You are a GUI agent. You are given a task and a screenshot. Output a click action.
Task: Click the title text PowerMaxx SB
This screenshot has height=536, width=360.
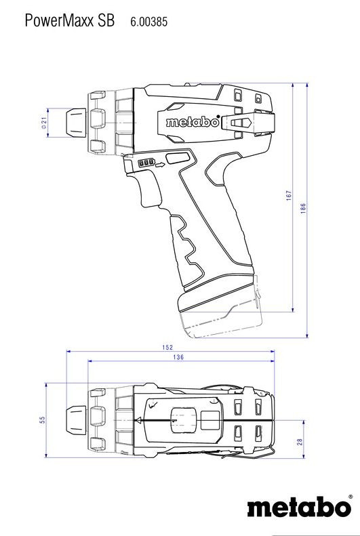tap(69, 21)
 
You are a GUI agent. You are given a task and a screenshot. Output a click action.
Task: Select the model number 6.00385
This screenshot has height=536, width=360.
tap(148, 22)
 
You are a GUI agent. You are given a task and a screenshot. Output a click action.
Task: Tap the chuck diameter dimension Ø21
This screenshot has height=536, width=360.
tap(43, 123)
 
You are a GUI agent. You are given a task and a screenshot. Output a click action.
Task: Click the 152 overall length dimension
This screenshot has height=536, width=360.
tap(167, 347)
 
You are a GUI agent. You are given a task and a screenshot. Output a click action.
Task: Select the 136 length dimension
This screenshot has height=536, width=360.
tap(178, 357)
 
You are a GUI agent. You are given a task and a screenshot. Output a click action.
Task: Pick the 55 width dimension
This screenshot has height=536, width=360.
tap(41, 420)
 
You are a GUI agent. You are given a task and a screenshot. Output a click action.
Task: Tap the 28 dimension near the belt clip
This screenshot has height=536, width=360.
tap(299, 441)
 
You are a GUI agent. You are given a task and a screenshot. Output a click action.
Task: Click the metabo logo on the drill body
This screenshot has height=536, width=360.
tap(193, 123)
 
